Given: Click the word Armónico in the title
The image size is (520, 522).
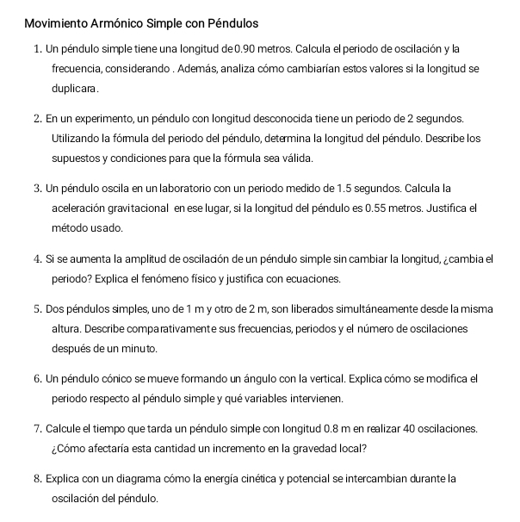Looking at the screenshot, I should (116, 22).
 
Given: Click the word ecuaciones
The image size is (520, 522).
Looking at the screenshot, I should (312, 278).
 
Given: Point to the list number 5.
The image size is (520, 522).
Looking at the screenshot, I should (38, 308).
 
